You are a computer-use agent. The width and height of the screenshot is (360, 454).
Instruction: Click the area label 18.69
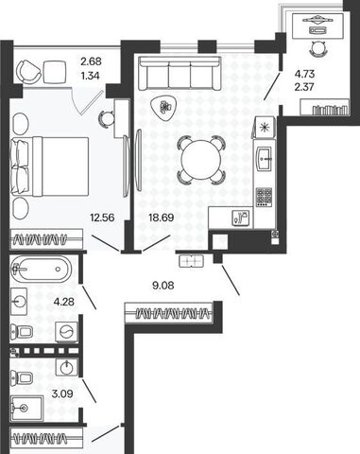(161, 218)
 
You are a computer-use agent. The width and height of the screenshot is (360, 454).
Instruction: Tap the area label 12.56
(102, 218)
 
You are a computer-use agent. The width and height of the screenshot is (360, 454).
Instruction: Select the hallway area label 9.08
(163, 286)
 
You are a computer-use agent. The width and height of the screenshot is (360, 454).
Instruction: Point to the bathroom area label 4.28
(64, 302)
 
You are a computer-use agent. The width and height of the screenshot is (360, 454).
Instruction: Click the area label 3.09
(62, 393)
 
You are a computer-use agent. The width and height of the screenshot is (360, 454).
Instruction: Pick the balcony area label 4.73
(304, 74)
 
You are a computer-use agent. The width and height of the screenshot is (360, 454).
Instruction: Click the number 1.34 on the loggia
(90, 76)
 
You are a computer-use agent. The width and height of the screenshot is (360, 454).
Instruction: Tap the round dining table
(201, 160)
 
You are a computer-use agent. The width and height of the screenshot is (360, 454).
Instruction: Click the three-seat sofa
(180, 74)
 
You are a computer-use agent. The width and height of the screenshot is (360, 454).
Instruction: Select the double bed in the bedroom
(49, 166)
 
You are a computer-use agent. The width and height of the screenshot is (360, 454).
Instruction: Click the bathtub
(41, 269)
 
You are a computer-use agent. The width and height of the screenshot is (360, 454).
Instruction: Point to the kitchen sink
(265, 159)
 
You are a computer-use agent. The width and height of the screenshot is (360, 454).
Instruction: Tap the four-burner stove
(264, 197)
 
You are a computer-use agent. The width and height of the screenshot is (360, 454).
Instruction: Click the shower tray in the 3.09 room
(26, 409)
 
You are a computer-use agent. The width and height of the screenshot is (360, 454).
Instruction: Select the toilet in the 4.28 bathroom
(22, 331)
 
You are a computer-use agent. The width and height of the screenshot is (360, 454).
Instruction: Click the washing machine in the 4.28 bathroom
(66, 332)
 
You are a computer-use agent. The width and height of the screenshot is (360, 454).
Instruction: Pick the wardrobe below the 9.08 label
(169, 313)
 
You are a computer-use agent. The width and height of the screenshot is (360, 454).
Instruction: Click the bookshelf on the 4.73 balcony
(324, 107)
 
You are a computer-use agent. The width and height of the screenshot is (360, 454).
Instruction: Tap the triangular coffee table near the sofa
(165, 108)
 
